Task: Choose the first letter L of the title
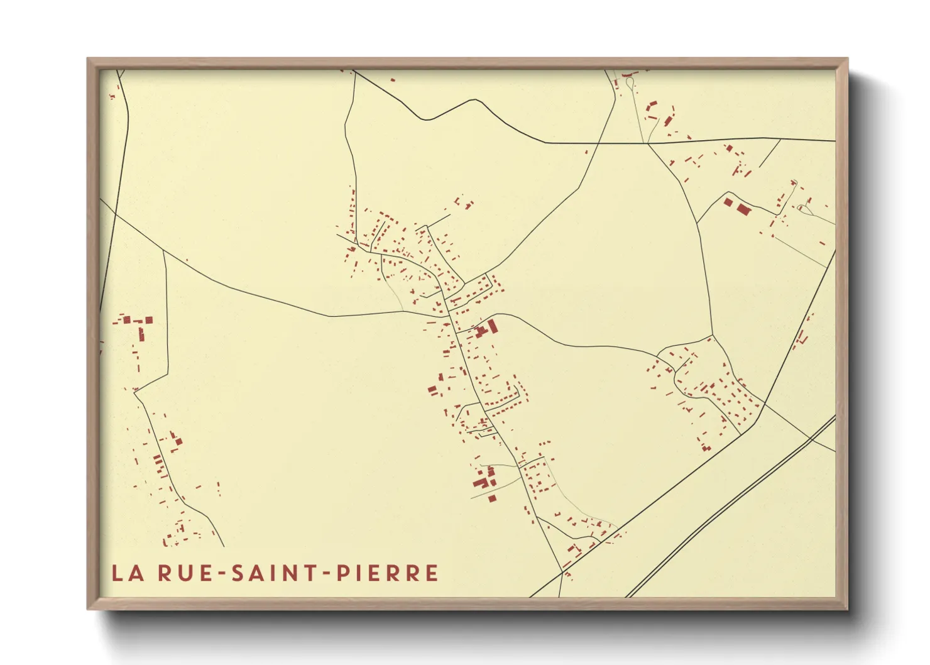click(117, 573)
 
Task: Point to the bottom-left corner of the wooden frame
click(89, 608)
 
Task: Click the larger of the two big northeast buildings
click(744, 209)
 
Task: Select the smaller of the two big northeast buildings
click(728, 202)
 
